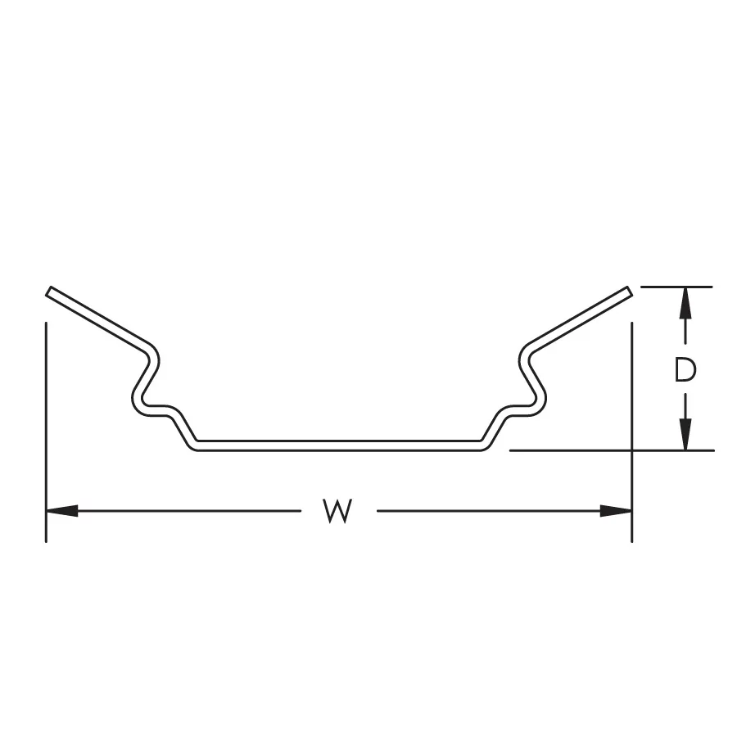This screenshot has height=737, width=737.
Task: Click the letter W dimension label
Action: click(x=337, y=511)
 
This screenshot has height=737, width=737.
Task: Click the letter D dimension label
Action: click(x=685, y=371)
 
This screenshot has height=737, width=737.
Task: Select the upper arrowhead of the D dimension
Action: click(x=685, y=303)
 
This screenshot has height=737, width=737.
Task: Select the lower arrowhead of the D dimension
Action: click(x=685, y=434)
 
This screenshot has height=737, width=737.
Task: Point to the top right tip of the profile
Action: click(x=628, y=291)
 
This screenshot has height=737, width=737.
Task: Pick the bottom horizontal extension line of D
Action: click(x=573, y=450)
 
